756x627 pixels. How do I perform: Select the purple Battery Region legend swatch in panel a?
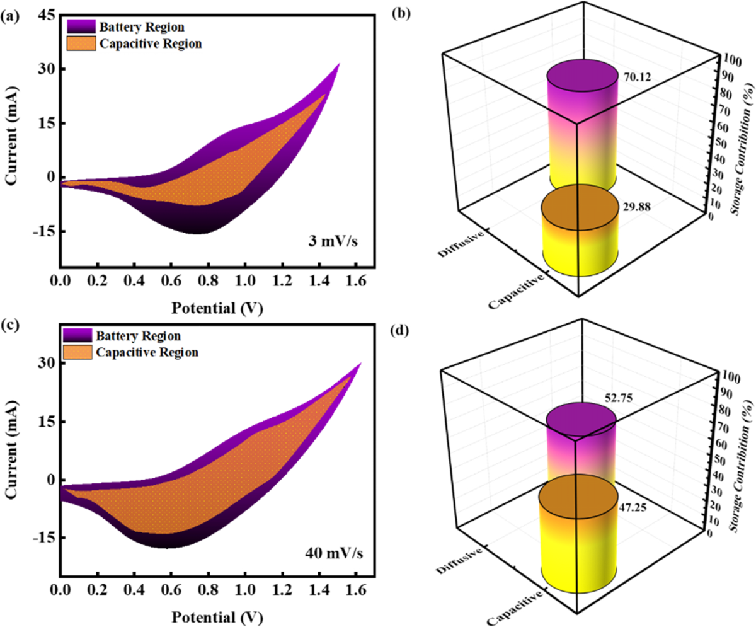tap(80, 26)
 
